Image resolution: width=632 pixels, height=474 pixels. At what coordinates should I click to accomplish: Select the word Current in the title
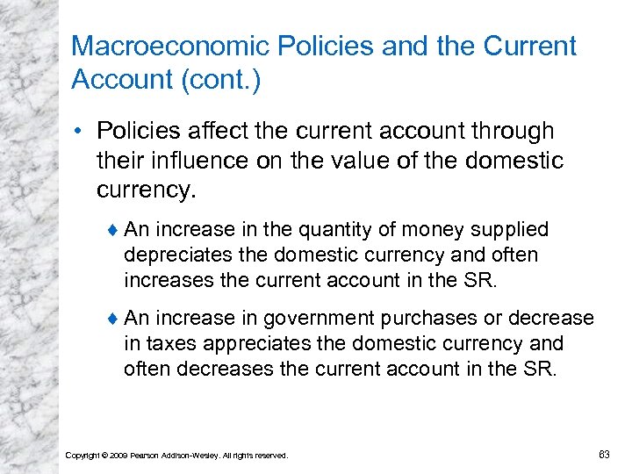[525, 47]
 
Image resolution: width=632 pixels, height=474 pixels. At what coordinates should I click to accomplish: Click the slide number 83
[604, 454]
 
